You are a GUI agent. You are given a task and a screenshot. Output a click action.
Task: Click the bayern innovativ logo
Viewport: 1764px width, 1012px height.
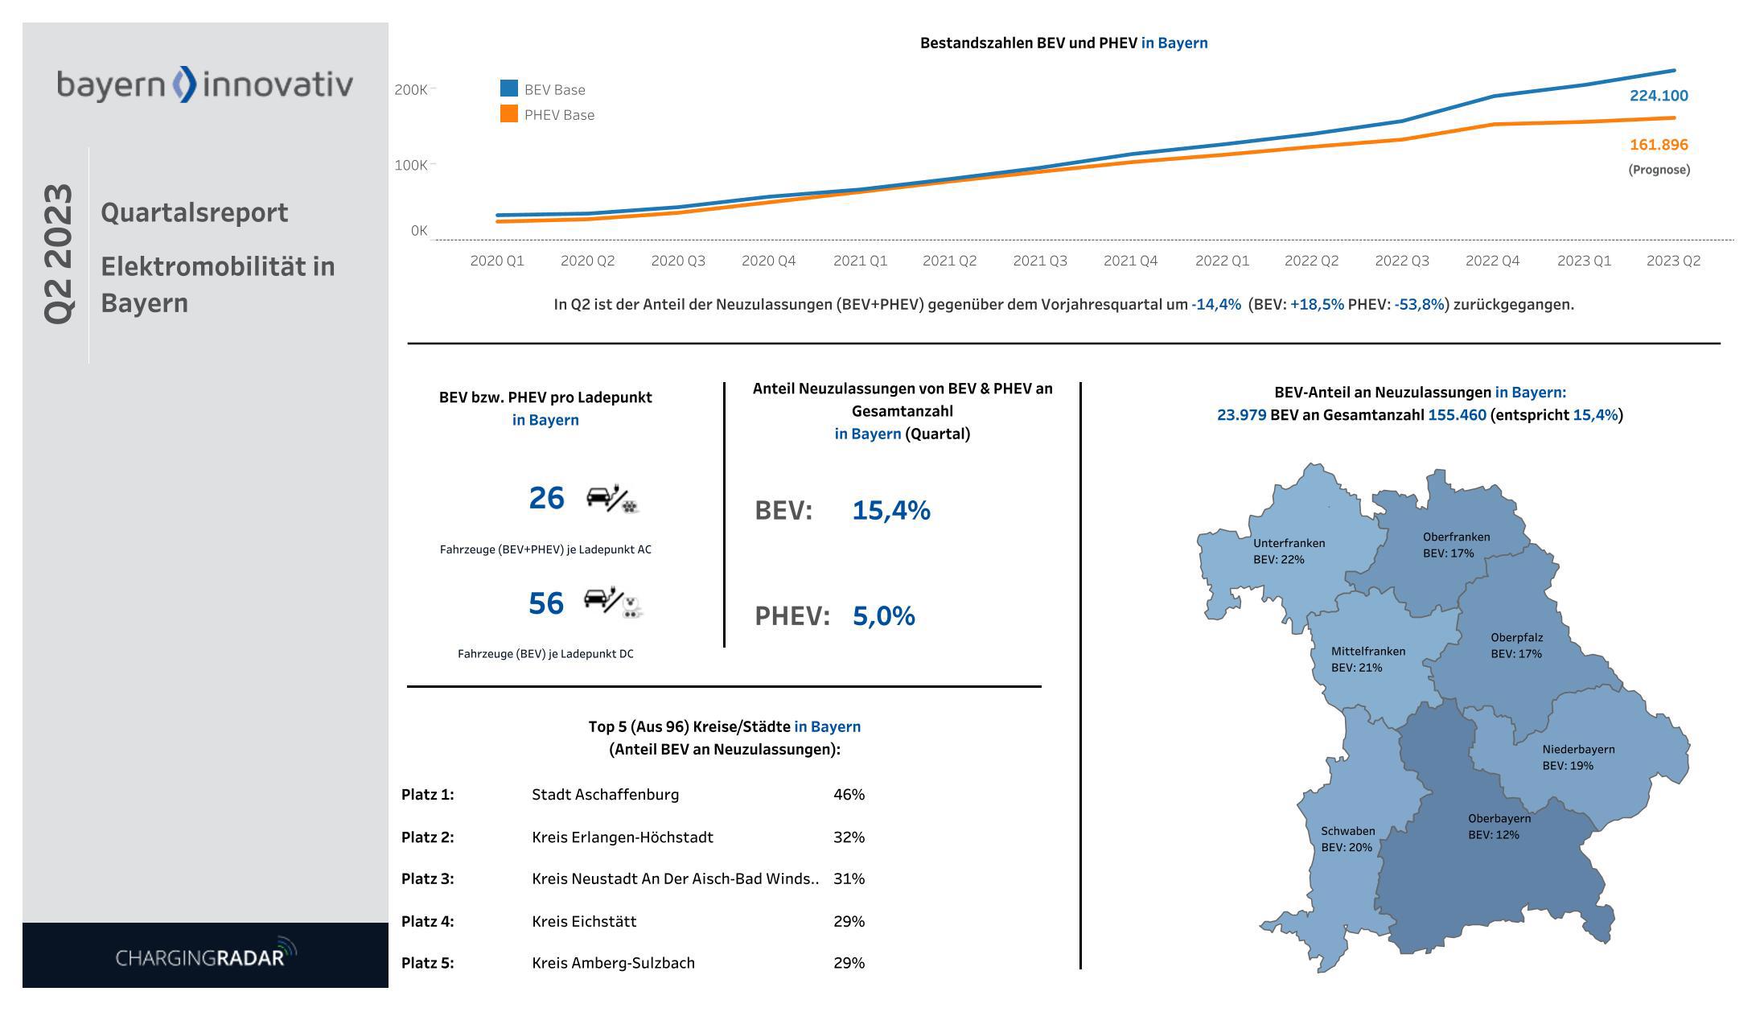204,84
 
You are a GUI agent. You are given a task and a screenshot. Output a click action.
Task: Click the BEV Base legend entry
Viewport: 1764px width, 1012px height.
543,89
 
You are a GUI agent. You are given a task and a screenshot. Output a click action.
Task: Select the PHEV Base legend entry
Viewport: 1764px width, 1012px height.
548,114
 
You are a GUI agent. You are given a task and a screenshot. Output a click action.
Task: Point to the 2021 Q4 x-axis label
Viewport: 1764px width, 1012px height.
1130,261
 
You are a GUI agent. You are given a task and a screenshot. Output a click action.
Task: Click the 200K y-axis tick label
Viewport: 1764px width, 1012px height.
411,89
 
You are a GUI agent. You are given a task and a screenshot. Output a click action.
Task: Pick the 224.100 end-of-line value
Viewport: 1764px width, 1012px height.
1659,96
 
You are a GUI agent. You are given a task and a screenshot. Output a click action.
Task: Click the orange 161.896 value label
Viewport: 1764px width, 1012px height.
1659,145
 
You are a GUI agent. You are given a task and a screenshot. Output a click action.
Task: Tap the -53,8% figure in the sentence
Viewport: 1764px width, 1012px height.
1419,305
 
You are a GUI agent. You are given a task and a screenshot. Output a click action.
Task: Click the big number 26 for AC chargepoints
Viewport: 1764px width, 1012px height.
546,499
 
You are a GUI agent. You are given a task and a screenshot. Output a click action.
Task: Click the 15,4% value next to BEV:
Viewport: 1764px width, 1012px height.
890,510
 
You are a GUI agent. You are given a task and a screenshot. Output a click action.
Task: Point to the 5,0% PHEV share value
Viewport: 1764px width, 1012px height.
883,615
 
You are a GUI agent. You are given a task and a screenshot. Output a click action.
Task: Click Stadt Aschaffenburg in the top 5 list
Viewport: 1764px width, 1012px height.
605,795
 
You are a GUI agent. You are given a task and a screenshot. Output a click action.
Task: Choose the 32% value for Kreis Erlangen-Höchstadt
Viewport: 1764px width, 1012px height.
849,837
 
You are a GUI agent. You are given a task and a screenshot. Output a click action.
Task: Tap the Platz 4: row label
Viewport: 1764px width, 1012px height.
427,921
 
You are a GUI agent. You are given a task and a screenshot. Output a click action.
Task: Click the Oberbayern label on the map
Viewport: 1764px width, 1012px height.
1499,819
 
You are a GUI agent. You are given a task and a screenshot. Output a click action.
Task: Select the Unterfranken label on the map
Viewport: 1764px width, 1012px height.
1289,543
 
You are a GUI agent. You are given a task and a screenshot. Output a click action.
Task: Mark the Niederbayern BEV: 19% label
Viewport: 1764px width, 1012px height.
1577,757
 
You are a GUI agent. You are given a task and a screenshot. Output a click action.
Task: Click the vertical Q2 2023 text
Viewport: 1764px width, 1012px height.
58,254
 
